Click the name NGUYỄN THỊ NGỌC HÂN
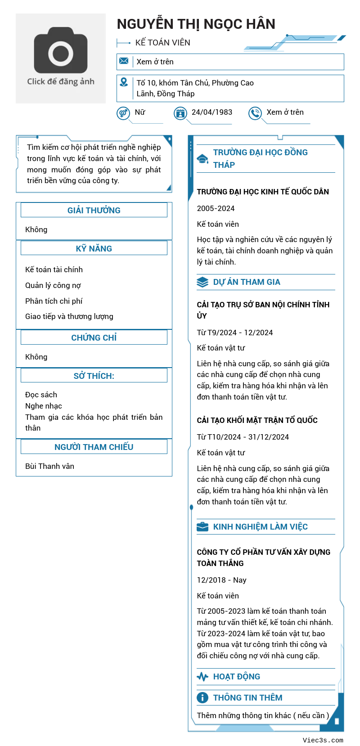tap(196, 24)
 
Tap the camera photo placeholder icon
tap(61, 50)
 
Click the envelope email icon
tap(124, 61)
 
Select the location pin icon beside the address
tap(124, 82)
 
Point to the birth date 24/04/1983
tap(212, 112)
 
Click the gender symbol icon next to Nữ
tap(123, 113)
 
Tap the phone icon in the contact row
tap(255, 113)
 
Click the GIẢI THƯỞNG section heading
tap(94, 210)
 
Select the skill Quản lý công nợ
tap(53, 285)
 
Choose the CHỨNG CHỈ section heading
tap(94, 337)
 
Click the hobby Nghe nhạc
tap(44, 406)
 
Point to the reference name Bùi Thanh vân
tap(49, 466)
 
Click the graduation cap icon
tap(202, 159)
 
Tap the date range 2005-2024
tap(216, 208)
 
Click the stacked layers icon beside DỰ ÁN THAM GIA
tap(202, 282)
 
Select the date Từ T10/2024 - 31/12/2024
tap(243, 437)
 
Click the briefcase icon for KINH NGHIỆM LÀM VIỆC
tap(202, 526)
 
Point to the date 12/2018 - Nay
tap(221, 580)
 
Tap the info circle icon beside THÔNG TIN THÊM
tap(202, 697)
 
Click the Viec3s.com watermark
tap(323, 740)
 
